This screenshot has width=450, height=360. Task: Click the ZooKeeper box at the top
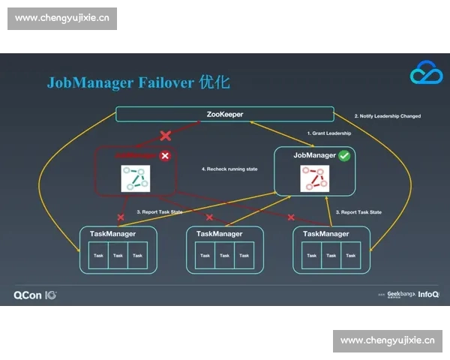tap(224, 114)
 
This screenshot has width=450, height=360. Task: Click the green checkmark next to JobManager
tap(344, 156)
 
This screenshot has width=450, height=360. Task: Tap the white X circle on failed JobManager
tap(165, 156)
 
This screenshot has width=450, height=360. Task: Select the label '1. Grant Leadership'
tap(329, 133)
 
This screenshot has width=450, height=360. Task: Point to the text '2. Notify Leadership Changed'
tap(387, 116)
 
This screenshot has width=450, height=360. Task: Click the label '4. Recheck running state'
tap(229, 169)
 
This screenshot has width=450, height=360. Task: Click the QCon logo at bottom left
tap(34, 295)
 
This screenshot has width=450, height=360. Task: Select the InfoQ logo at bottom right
tap(428, 295)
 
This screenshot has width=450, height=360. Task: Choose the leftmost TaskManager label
tap(112, 234)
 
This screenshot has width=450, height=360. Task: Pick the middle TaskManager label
tap(219, 234)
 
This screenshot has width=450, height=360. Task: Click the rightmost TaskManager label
tap(325, 234)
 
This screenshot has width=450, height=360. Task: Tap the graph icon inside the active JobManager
tap(316, 178)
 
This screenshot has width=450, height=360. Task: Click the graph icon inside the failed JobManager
tap(136, 178)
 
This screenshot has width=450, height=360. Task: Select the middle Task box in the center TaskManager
tap(224, 256)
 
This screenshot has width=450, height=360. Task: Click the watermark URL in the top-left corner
tap(62, 18)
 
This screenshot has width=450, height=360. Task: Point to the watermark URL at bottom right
tap(388, 340)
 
